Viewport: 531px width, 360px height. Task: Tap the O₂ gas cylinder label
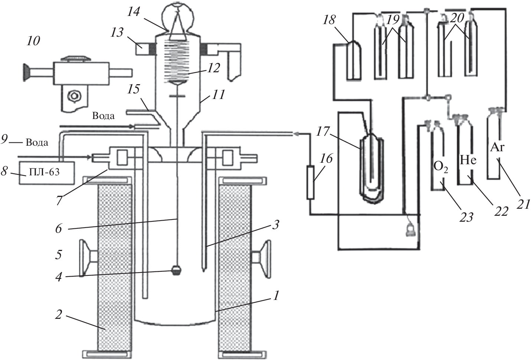440,166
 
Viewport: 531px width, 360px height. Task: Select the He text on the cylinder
468,160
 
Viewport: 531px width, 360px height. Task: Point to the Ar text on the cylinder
497,147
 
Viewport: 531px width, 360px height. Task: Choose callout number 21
523,203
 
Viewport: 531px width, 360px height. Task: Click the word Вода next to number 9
37,142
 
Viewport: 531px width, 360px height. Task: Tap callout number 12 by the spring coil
214,68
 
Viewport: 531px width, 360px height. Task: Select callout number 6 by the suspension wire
59,229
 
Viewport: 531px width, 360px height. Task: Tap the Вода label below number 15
103,116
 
